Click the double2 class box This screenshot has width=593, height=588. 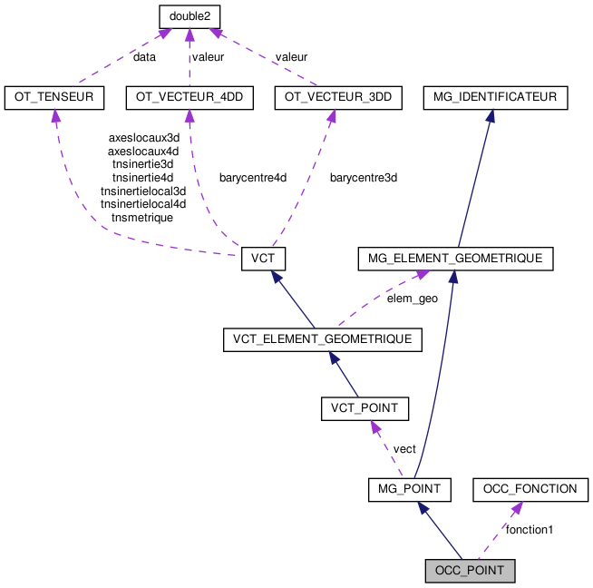190,16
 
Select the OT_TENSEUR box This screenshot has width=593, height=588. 54,97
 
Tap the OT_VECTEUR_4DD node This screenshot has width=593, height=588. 189,97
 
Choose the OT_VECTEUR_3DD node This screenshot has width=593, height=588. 331,97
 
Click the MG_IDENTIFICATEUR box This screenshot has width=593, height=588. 495,97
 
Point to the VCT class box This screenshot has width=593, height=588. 264,259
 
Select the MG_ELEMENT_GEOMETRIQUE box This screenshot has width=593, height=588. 455,259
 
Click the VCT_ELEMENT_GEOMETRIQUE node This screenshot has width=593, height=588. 323,339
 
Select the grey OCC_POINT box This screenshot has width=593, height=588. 471,571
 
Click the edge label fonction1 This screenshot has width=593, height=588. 530,529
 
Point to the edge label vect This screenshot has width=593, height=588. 404,448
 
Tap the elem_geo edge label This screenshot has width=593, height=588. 412,298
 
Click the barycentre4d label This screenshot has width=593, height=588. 252,178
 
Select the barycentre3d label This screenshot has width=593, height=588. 363,178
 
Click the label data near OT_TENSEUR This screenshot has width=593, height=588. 144,56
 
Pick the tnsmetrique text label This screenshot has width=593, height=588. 142,218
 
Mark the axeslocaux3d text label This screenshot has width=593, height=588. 143,138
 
